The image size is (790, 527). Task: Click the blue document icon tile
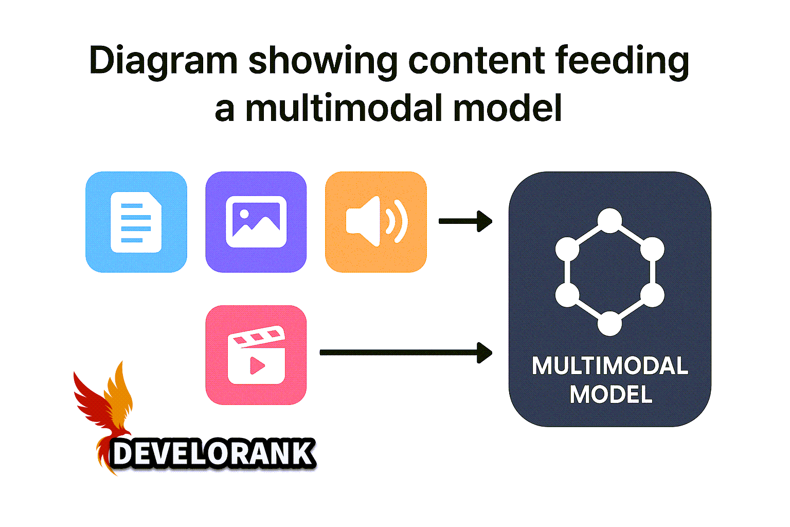[136, 222]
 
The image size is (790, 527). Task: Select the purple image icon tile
[256, 222]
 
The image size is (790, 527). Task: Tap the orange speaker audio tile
[376, 222]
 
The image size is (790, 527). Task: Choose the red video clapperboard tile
[256, 355]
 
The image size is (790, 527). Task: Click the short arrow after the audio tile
[465, 222]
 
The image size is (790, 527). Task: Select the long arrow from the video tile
[405, 353]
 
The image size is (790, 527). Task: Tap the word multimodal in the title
[344, 109]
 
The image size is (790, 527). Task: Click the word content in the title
[476, 61]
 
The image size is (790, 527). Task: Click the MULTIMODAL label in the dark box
[610, 366]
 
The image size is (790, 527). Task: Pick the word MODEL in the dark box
[611, 395]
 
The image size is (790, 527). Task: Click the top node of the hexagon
[610, 220]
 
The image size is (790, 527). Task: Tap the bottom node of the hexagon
[610, 324]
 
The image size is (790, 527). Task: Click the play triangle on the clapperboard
[257, 365]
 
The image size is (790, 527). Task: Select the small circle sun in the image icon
[244, 213]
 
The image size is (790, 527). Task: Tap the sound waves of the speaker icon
[396, 221]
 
